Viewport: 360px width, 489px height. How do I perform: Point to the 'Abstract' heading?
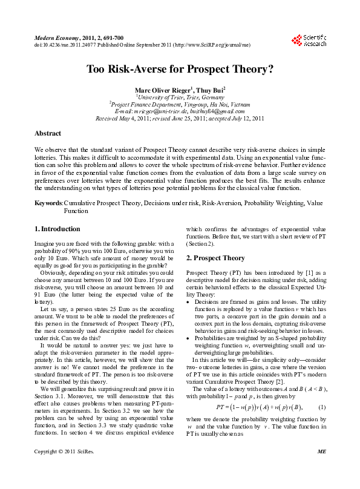click(x=48, y=133)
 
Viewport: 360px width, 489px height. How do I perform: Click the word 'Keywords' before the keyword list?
click(x=49, y=204)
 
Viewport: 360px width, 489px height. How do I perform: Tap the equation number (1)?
click(x=322, y=406)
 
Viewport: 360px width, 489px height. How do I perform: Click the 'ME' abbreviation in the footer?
click(x=321, y=468)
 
